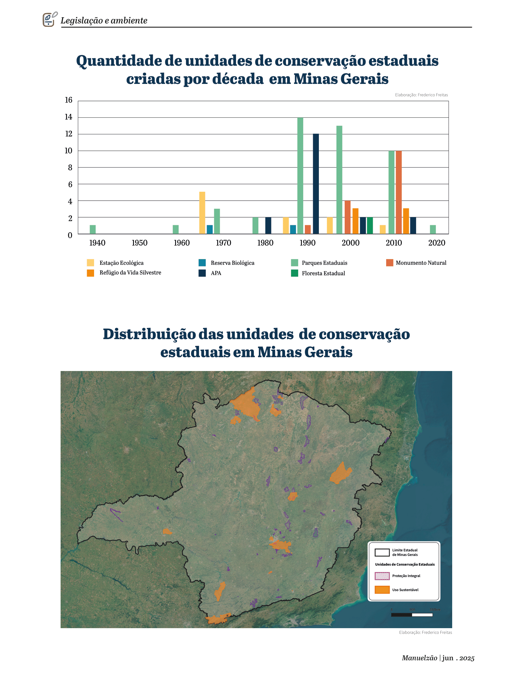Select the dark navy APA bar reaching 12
[316, 184]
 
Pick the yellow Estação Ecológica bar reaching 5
[202, 213]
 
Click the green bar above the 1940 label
[92, 229]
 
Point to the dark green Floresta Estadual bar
[370, 226]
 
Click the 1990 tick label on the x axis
[307, 243]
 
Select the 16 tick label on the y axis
[69, 100]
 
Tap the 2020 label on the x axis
[437, 243]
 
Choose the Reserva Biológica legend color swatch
[202, 263]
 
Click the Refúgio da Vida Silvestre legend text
[130, 273]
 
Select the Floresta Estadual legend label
[323, 273]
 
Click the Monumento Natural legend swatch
[390, 263]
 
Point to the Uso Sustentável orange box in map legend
[382, 590]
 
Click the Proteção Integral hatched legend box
[382, 576]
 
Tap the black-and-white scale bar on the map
[412, 615]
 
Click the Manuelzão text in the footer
[419, 658]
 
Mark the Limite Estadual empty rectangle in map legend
[382, 552]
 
